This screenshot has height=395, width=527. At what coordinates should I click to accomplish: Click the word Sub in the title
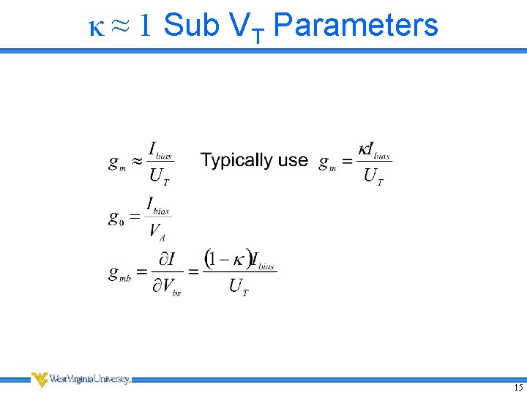(x=192, y=25)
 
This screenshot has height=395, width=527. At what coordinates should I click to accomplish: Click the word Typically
(x=238, y=161)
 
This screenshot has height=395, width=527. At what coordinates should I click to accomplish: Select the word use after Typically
(x=293, y=161)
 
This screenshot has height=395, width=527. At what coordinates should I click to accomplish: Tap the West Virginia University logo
(x=81, y=379)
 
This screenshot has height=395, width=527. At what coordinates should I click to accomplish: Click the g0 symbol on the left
(x=116, y=217)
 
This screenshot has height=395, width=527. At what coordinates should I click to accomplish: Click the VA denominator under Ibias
(x=157, y=232)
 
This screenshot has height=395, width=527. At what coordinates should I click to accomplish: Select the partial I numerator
(x=167, y=259)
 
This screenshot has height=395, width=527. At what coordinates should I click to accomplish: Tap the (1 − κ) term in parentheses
(x=227, y=258)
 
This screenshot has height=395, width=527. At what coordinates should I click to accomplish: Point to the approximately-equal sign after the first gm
(x=136, y=162)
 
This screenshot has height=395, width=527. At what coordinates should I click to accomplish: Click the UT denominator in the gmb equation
(x=239, y=287)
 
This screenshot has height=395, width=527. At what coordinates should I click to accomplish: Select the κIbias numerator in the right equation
(x=373, y=150)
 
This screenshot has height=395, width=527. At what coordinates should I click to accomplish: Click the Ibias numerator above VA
(x=157, y=205)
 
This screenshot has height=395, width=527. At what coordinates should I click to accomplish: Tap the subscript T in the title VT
(x=258, y=35)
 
